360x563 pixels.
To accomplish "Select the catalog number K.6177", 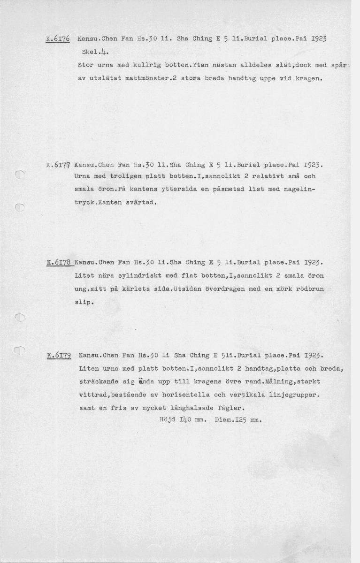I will coord(59,165).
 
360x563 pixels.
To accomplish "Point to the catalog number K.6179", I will coord(59,356).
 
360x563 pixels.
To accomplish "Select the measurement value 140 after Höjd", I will coord(184,420).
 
